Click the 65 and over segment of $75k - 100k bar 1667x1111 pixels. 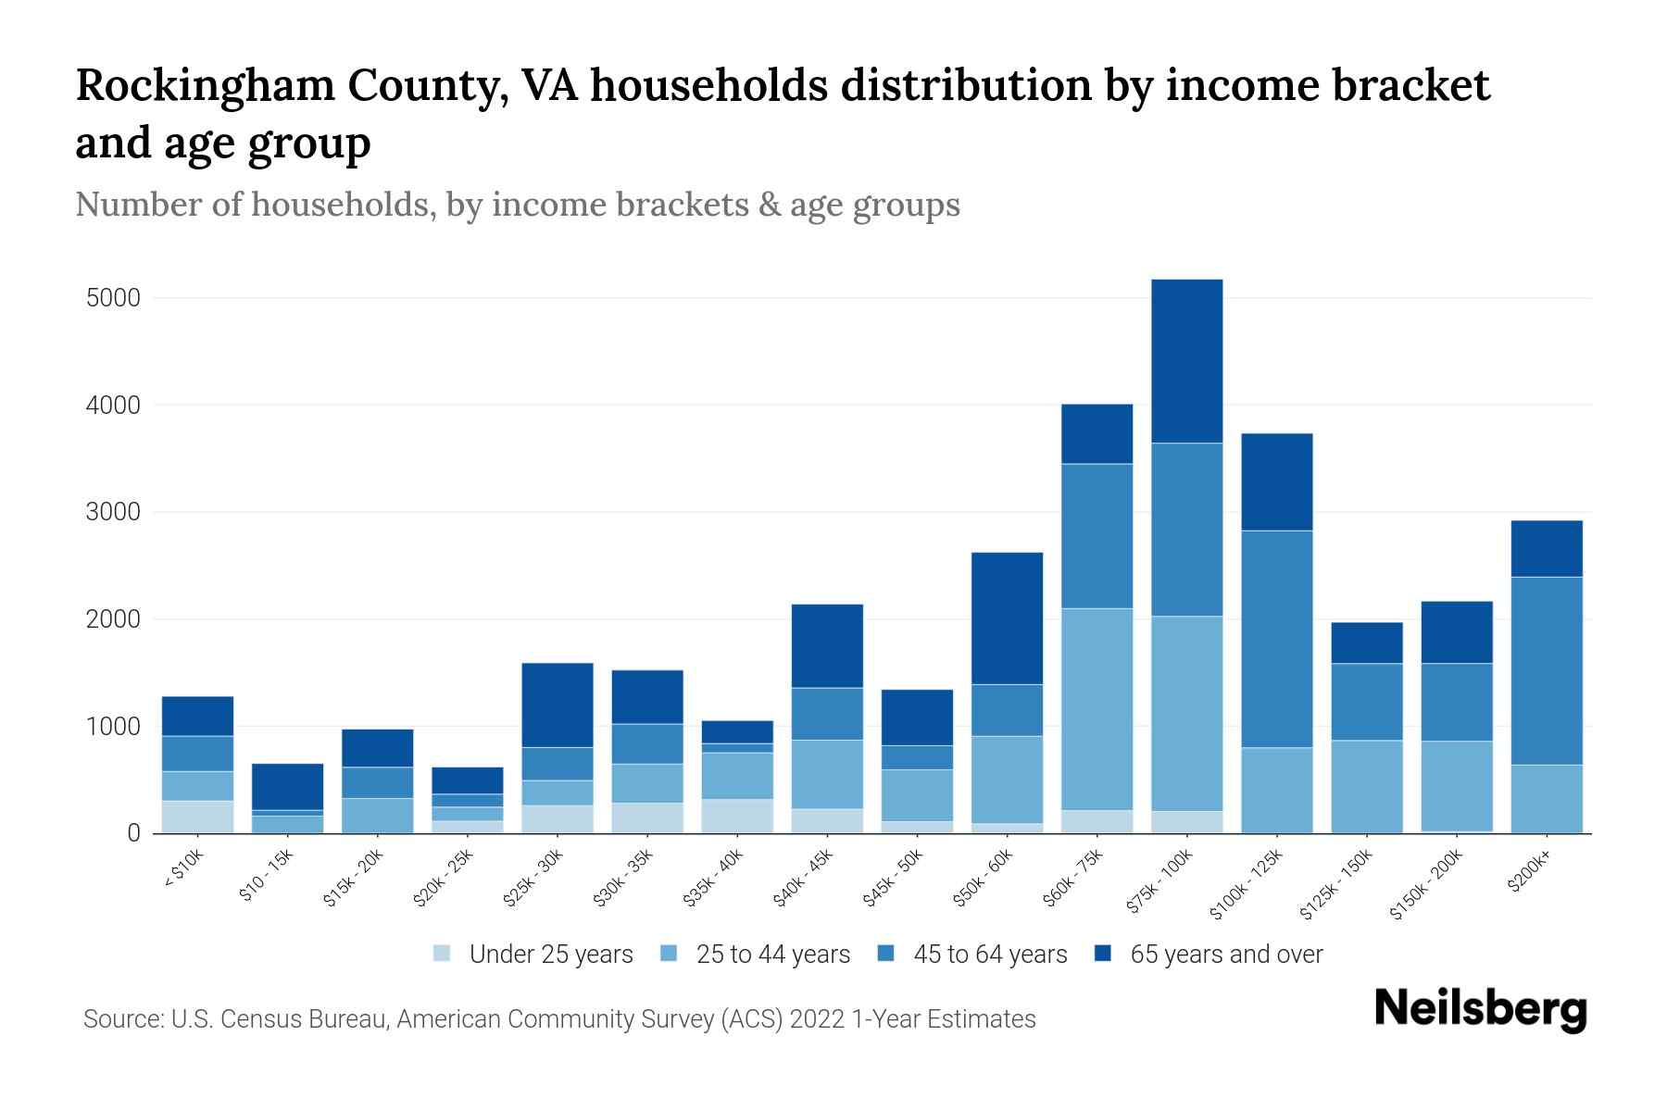1186,361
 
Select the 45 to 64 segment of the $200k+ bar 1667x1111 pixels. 1546,670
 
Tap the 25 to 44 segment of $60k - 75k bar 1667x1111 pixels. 1097,709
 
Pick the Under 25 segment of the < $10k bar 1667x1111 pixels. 197,817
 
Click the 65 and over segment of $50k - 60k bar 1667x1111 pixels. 1007,618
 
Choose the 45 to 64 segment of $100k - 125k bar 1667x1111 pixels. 1276,639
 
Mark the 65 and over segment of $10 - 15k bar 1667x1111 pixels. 287,787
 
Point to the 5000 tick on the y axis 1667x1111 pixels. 112,298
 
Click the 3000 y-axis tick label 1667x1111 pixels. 112,512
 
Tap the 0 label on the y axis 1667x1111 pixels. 133,833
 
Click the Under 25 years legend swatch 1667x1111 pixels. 443,954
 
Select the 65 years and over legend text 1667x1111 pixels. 1226,954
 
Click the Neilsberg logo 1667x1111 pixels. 1480,1009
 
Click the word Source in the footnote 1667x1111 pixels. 121,1019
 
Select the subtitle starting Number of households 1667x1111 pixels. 517,204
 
